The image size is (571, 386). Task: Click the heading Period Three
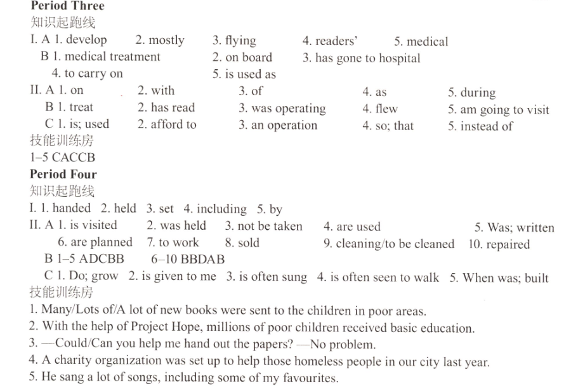pyautogui.click(x=67, y=6)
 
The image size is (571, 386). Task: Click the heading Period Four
pyautogui.click(x=63, y=174)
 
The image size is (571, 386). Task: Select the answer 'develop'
pyautogui.click(x=86, y=40)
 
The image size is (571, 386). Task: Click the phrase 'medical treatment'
pyautogui.click(x=112, y=57)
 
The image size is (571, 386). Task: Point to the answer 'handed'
pyautogui.click(x=71, y=208)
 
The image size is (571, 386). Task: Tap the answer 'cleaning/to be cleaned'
pyautogui.click(x=395, y=244)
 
